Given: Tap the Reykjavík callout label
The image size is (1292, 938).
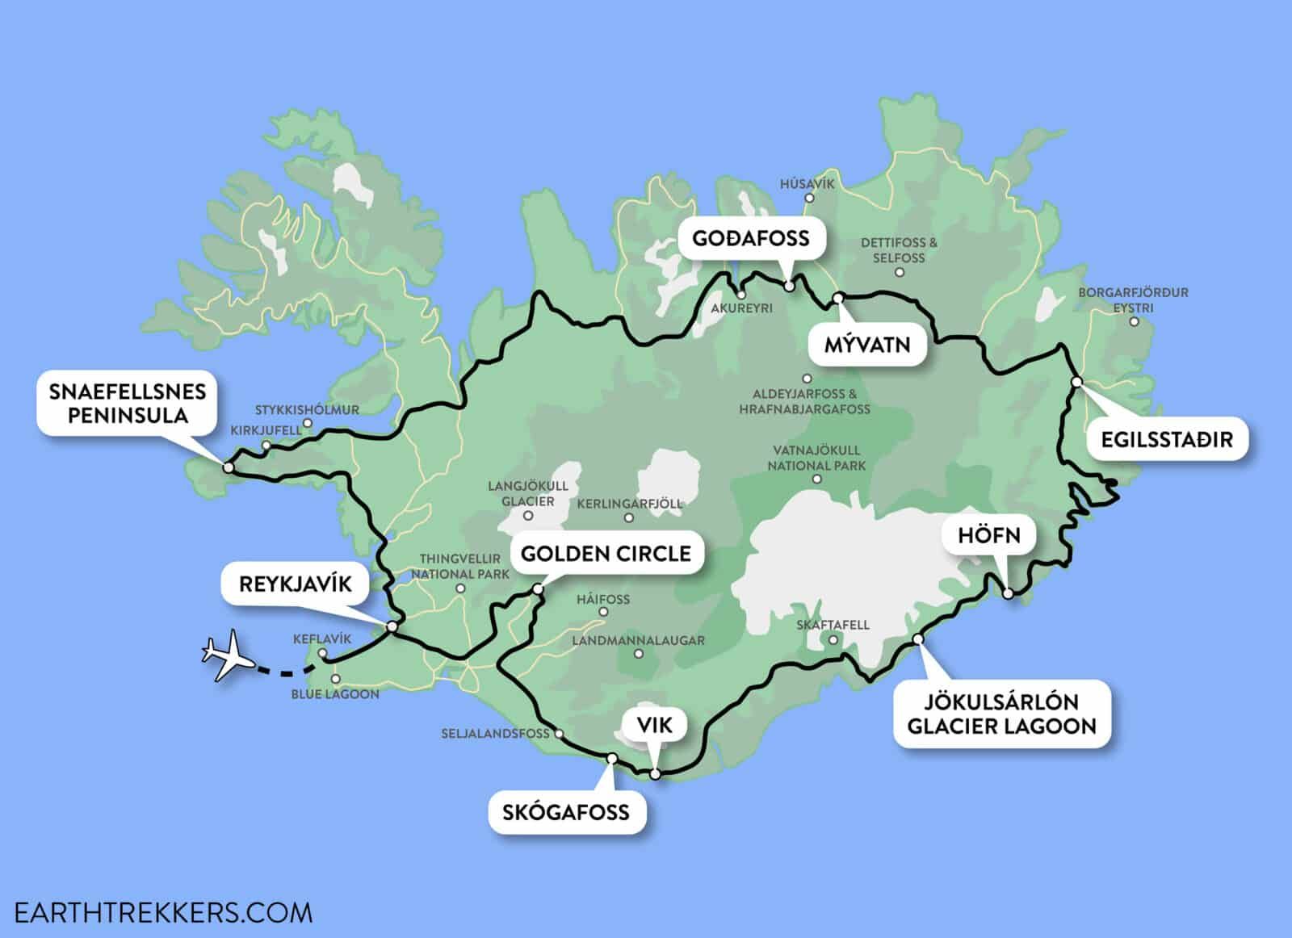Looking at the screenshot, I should point(296,584).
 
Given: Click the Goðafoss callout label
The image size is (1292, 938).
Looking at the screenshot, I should point(751,238).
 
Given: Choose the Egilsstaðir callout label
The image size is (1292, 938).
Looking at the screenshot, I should point(1167,440).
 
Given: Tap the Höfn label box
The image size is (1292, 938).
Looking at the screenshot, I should point(988,535).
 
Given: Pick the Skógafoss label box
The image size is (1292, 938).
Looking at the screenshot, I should point(565,811).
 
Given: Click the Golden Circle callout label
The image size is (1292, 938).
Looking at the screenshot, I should point(606,553).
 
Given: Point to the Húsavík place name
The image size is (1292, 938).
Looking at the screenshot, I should point(807,184).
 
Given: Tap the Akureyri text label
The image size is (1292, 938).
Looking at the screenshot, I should point(742,308).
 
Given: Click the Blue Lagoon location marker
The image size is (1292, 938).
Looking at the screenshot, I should point(335,679).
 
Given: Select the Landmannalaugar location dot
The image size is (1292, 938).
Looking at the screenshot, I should point(639,654).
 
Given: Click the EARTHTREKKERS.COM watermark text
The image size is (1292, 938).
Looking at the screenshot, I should point(157,912).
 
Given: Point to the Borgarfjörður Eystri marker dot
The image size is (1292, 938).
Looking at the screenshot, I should point(1134,321).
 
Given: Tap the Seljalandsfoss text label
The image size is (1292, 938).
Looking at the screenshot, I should point(495,734).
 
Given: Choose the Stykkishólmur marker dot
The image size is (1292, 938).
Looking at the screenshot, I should point(307,423).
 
